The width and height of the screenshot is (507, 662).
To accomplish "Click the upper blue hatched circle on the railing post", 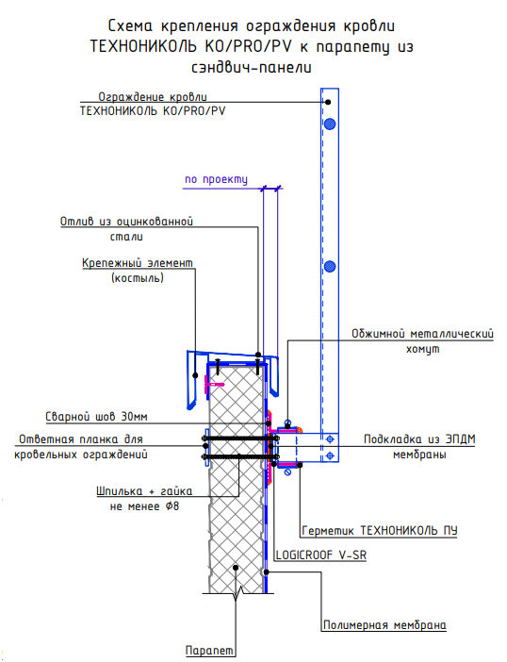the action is tap(330, 124).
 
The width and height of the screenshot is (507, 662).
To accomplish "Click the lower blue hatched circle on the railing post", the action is tap(330, 267).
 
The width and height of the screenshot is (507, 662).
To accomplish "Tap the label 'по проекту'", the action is tap(216, 179).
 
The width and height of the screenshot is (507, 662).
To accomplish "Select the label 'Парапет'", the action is tap(209, 650).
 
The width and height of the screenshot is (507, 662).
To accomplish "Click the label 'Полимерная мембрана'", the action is tap(384, 625).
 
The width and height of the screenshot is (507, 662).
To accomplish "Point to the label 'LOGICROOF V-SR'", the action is tap(321, 554).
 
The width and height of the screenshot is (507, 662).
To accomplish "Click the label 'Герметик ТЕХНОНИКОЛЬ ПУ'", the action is tap(380, 530).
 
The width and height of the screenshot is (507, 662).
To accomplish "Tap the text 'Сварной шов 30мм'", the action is tap(96, 417).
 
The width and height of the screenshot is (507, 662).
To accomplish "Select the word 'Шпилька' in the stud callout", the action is tap(120, 491).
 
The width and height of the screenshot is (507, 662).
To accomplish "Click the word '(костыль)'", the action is tap(138, 278).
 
